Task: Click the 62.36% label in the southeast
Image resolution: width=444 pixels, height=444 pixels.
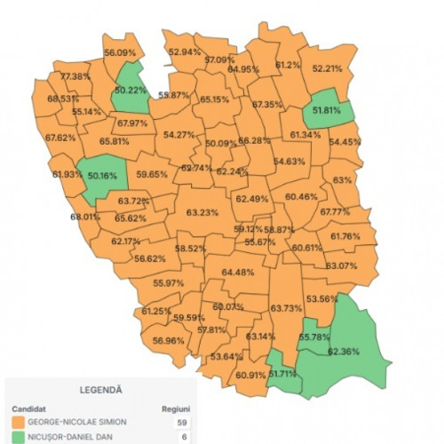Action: (345, 352)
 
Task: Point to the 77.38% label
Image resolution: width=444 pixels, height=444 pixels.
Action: (76, 76)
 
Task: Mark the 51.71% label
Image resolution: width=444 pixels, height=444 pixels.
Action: (283, 374)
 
